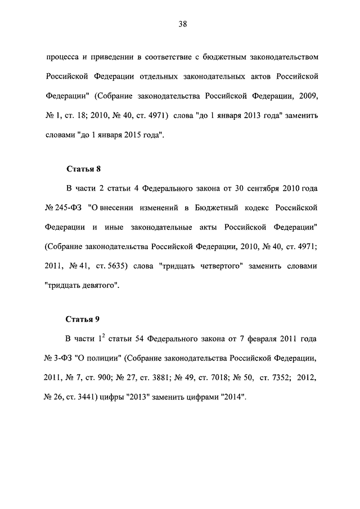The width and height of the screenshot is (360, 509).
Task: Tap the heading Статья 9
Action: tap(83, 319)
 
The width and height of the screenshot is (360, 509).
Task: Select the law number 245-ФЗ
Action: tap(69, 207)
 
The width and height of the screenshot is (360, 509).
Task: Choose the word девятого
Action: tap(99, 285)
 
